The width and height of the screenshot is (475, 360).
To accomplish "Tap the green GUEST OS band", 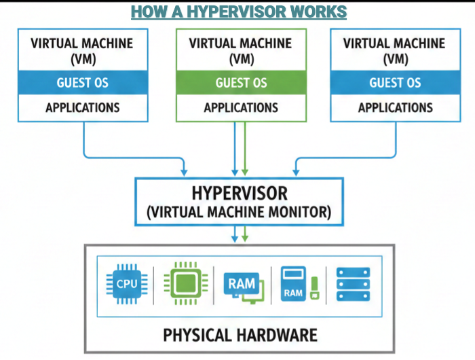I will (x=241, y=83).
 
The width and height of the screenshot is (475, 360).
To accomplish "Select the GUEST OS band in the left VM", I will (x=83, y=83).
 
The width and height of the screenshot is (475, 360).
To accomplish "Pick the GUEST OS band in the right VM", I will (x=395, y=83).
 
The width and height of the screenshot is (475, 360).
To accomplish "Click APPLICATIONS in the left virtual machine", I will (x=83, y=107).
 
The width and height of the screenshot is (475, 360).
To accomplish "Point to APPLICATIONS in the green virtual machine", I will (x=241, y=107).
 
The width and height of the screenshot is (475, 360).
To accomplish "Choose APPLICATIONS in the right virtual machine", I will (x=395, y=107).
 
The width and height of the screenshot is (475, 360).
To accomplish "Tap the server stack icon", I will (x=354, y=284).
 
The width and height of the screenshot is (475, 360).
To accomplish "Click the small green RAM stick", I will (x=314, y=288).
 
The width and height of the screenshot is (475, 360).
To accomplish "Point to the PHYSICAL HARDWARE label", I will (x=240, y=334).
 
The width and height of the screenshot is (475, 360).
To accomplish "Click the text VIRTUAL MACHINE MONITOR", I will (x=239, y=213).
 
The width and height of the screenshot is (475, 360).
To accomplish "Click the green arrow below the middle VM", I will (x=245, y=149).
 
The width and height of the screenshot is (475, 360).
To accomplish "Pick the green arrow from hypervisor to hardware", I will (x=245, y=235).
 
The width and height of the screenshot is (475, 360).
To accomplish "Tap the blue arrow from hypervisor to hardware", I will (x=235, y=235).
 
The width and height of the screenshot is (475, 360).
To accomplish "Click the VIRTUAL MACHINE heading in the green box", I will (x=241, y=44).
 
